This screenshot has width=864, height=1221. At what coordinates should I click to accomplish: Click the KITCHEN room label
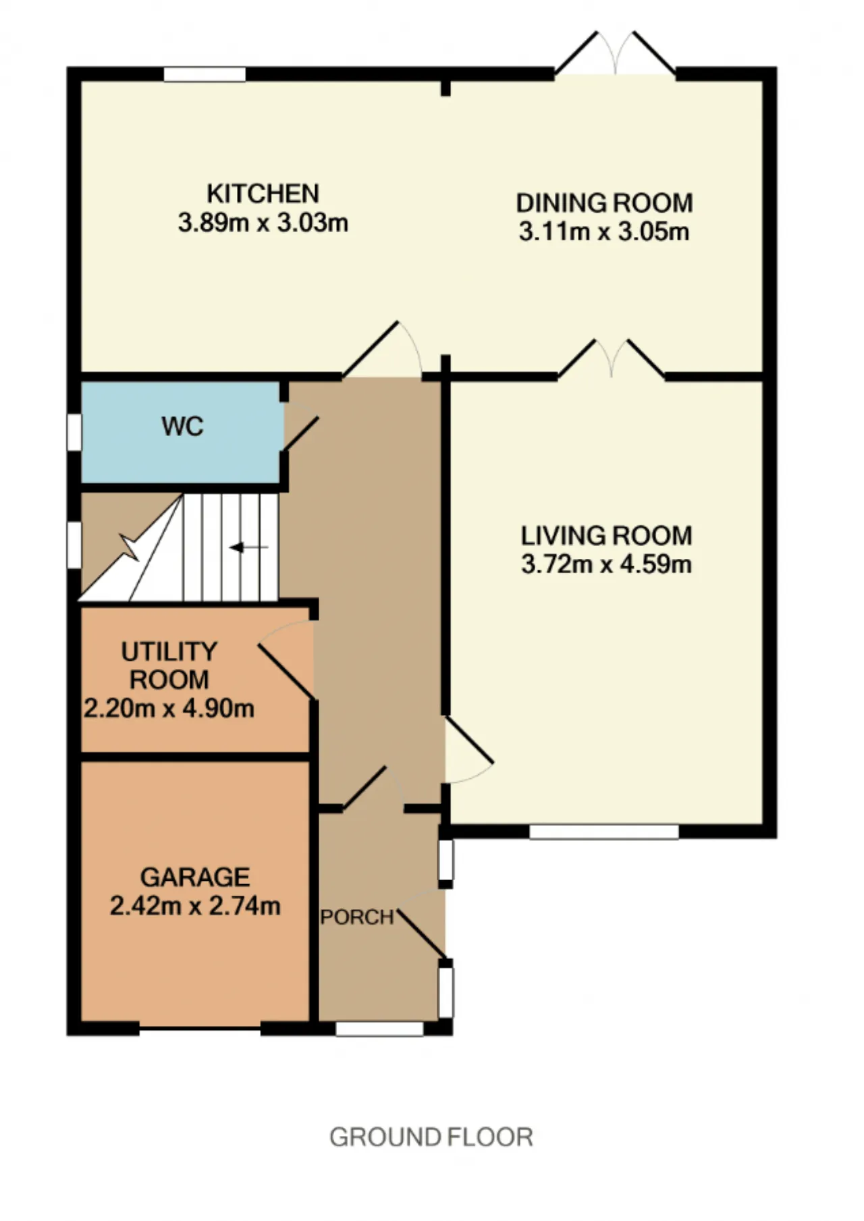click(263, 194)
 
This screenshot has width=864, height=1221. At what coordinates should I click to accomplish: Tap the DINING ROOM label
click(604, 202)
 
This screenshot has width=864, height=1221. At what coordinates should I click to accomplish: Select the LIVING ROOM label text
click(606, 536)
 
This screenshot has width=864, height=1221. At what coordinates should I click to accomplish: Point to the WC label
click(182, 427)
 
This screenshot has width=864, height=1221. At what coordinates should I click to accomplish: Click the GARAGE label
click(195, 877)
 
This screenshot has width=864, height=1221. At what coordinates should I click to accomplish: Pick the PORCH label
click(356, 917)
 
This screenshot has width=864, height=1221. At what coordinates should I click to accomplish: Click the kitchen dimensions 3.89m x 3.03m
click(263, 223)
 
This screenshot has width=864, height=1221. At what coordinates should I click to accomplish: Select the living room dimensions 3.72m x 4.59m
click(606, 564)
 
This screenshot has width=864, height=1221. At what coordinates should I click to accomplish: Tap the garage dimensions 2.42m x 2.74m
click(195, 906)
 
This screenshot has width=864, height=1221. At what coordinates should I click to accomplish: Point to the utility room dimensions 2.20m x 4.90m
click(169, 709)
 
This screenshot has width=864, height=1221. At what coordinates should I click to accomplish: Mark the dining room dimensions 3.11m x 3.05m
click(604, 232)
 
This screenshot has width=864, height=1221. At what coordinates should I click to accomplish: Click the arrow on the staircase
click(249, 547)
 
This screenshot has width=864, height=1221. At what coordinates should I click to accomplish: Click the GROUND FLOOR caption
click(431, 1137)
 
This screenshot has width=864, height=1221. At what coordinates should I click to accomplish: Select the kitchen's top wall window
click(205, 74)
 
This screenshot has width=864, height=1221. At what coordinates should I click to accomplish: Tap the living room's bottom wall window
click(604, 832)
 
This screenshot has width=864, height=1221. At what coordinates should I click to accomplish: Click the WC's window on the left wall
click(74, 431)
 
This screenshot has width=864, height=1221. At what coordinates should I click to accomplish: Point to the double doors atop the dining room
click(615, 53)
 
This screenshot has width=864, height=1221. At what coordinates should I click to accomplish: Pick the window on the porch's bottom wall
click(379, 1029)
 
